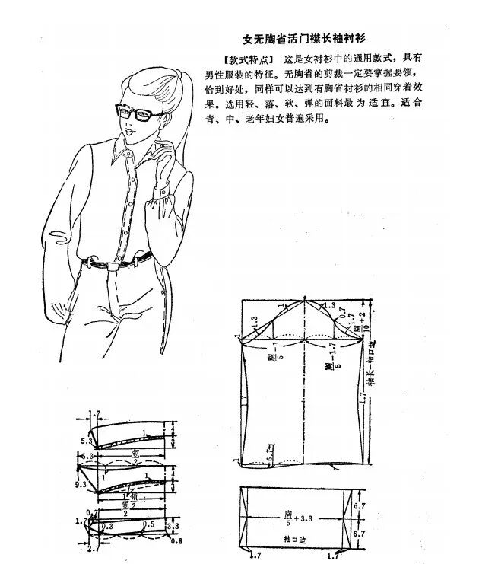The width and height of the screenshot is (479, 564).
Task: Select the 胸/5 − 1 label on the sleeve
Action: (x=271, y=358)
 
